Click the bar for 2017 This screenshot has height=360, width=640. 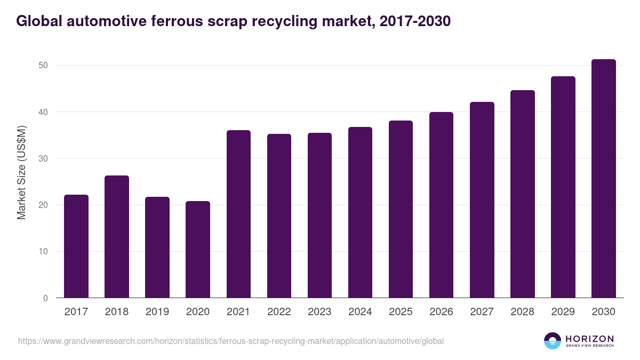pyautogui.click(x=76, y=246)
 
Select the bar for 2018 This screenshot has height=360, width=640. pyautogui.click(x=117, y=237)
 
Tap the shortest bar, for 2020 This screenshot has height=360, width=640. pyautogui.click(x=198, y=250)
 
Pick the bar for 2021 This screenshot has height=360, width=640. pyautogui.click(x=238, y=214)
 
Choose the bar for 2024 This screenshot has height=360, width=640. pyautogui.click(x=360, y=212)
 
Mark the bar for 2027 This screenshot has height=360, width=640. pyautogui.click(x=482, y=200)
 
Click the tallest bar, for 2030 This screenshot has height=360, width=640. pyautogui.click(x=603, y=179)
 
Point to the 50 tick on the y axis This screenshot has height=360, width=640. pyautogui.click(x=43, y=66)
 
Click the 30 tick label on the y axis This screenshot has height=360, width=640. pyautogui.click(x=43, y=158)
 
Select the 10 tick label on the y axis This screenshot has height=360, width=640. pyautogui.click(x=43, y=252)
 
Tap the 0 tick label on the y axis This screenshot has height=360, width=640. pyautogui.click(x=45, y=298)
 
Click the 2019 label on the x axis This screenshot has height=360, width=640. pyautogui.click(x=157, y=312)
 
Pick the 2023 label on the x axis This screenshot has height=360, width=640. pyautogui.click(x=319, y=312)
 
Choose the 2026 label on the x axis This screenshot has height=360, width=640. pyautogui.click(x=441, y=312)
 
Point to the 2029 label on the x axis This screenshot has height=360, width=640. pyautogui.click(x=563, y=312)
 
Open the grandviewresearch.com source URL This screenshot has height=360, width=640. pyautogui.click(x=230, y=341)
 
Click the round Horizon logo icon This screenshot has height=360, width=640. pyautogui.click(x=552, y=341)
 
